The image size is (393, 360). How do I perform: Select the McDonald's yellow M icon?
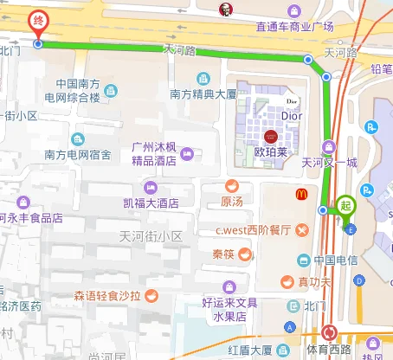tap(302, 196)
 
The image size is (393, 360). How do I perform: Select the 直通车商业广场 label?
tap(294, 27)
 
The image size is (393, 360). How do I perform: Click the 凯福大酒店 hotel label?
tap(151, 203)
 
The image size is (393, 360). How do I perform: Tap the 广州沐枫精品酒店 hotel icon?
tap(186, 153)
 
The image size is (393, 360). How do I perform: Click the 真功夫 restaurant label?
tap(315, 281)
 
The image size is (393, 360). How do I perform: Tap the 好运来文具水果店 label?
tap(230, 310)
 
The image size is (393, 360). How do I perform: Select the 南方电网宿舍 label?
tap(78, 156)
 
